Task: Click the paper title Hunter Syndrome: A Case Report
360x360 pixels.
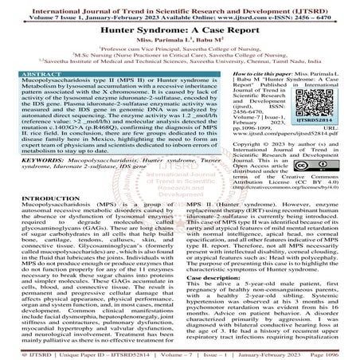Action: click(x=180, y=25)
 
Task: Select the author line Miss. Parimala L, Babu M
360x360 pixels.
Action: click(x=180, y=37)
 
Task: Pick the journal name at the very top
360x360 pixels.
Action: click(x=180, y=6)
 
